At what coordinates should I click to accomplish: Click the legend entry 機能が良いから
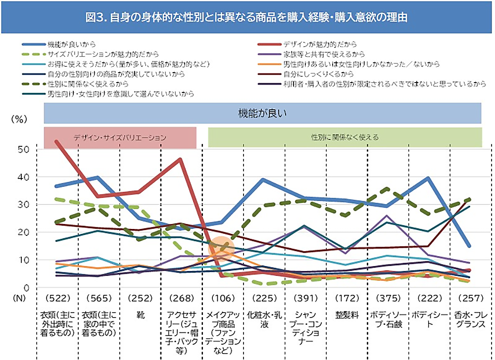tap(72, 44)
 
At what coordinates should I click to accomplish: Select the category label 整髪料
tap(345, 314)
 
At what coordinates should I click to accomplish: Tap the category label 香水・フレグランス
tap(467, 318)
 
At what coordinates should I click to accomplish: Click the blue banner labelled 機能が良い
tap(263, 113)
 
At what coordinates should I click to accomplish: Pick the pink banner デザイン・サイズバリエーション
tap(120, 137)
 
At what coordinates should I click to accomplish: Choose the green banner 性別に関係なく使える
tap(345, 137)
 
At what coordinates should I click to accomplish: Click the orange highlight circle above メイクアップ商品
tap(221, 247)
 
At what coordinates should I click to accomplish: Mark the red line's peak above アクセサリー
tap(180, 159)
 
